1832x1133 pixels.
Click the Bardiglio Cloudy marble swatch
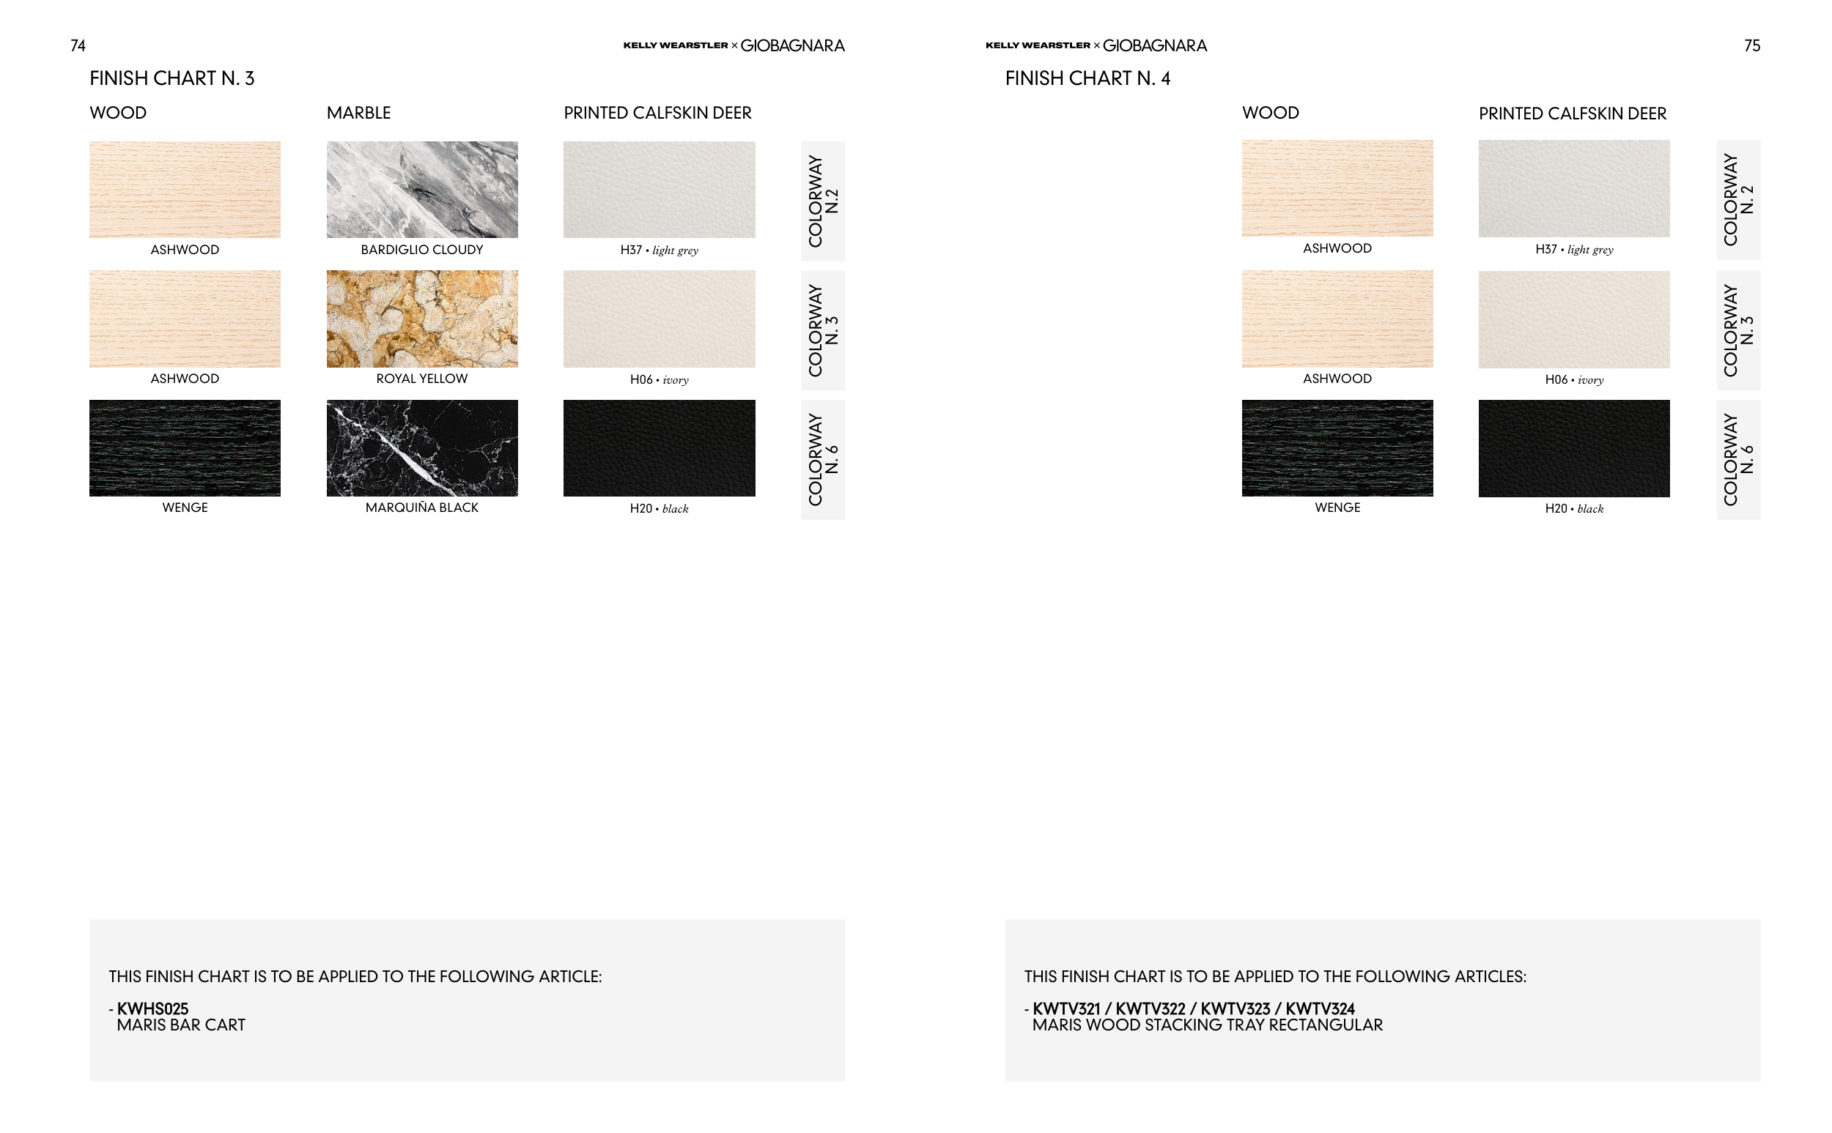422,190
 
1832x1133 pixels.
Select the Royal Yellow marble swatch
422,319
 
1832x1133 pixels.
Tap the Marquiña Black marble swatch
422,448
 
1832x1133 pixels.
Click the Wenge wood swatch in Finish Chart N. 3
185,448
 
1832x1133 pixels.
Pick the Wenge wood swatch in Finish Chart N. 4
1337,448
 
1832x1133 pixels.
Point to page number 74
78,45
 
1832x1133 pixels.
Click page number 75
1752,45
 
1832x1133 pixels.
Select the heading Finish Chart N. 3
172,78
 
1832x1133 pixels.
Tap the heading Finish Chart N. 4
1087,78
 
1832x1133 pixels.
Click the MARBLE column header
359,113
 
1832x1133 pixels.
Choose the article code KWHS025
153,1008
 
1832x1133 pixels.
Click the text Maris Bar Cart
182,1025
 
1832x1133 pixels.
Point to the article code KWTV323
1236,1008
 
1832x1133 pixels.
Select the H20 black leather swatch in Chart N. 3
660,448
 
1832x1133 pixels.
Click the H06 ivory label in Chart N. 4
1574,380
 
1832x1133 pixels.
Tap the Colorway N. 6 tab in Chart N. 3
823,459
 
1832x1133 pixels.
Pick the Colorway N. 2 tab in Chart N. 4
1739,200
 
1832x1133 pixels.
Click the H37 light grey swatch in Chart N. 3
660,190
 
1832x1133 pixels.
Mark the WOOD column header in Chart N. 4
1271,113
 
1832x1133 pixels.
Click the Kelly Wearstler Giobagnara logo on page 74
734,45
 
